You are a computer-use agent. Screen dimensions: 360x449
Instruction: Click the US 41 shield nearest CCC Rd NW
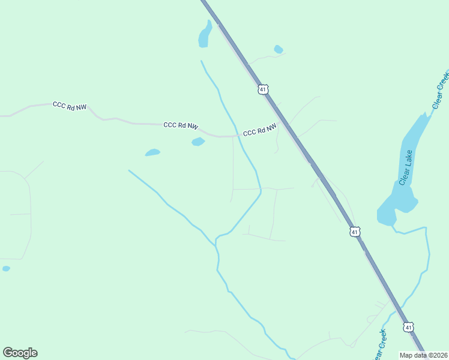coord(262,89)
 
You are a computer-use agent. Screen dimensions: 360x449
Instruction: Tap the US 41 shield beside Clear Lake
coord(355,232)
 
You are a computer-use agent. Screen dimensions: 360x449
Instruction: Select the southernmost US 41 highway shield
coord(408,327)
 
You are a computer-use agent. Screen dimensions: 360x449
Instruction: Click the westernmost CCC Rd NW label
coord(70,106)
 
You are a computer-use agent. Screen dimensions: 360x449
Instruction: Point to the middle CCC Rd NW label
coord(180,125)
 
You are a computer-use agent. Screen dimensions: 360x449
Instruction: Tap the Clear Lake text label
coord(407,168)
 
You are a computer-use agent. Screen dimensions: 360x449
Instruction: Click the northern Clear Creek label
coord(440,89)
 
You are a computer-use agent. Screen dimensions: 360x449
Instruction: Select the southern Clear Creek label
coord(378,345)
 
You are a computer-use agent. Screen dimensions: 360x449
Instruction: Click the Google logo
coord(20,353)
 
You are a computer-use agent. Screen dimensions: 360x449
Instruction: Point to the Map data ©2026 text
coord(424,355)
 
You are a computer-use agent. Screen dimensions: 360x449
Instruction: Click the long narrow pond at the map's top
coord(205,35)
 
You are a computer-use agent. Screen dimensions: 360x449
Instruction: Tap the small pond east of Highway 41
coord(278,49)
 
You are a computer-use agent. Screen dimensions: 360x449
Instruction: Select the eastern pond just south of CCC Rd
coord(197,142)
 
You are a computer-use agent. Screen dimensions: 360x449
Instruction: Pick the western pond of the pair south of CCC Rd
coord(152,152)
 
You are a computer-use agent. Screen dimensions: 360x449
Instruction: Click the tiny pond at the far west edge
coord(6,268)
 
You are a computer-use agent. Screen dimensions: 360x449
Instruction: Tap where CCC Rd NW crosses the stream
coord(236,136)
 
